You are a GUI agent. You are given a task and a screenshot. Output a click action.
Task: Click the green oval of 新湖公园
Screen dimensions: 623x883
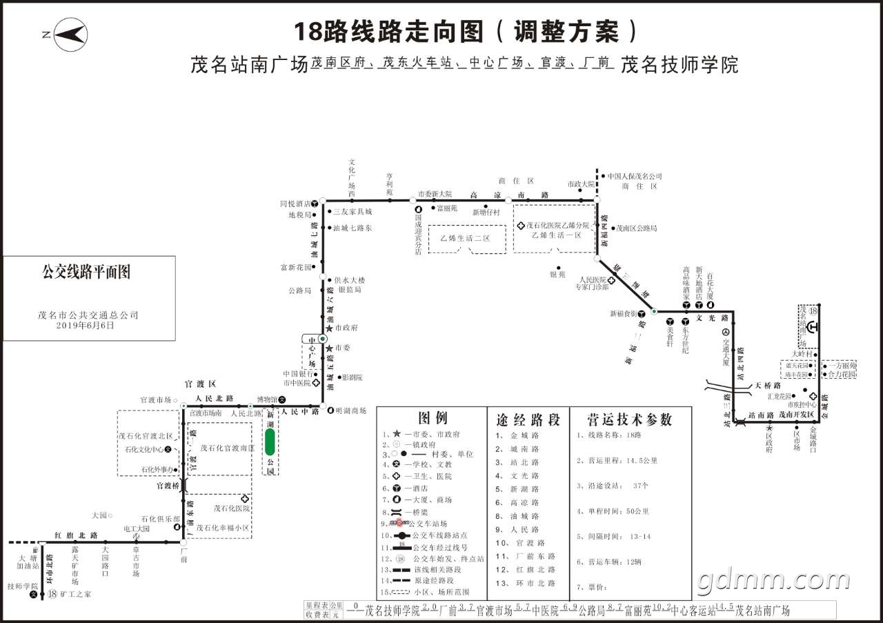[x=270, y=442]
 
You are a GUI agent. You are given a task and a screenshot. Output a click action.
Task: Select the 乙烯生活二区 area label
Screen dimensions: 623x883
[x=465, y=238]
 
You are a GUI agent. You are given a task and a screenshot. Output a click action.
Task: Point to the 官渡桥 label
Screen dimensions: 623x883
[x=168, y=486]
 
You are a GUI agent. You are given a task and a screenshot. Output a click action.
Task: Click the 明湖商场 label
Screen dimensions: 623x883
[x=350, y=411]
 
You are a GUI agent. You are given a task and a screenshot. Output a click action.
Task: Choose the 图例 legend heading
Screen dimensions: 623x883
[x=433, y=418]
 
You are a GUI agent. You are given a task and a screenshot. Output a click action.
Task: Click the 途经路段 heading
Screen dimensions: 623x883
[x=528, y=419]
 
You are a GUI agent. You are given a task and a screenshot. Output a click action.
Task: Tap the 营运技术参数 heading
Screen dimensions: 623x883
[x=628, y=419]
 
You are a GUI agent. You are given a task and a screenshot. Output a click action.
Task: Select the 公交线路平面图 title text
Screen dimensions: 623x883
[x=86, y=272]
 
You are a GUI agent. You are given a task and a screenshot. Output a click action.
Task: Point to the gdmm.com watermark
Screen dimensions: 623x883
[x=773, y=582]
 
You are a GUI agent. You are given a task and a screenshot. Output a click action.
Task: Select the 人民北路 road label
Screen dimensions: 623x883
[x=214, y=399]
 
